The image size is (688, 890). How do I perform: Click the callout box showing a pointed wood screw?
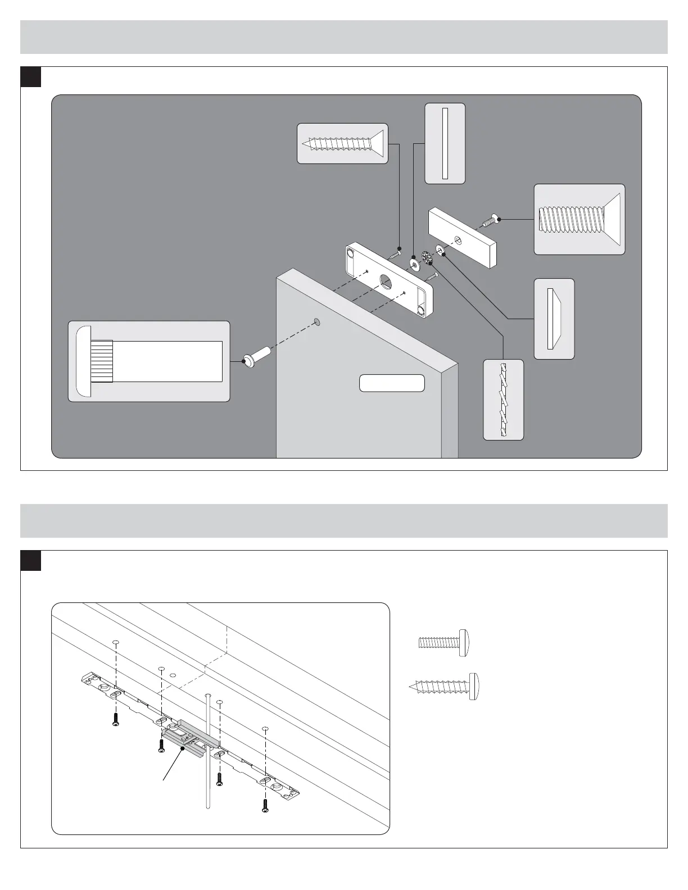coord(342,143)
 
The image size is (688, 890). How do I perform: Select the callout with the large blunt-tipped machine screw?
coord(579,219)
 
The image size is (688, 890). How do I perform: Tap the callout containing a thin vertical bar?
coord(445,143)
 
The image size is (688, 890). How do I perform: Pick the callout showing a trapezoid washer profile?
coord(554,319)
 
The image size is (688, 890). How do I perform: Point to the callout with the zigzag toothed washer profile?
coord(503,399)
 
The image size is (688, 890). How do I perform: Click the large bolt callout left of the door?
coord(149,361)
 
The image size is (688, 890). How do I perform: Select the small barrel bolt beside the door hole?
coord(257,358)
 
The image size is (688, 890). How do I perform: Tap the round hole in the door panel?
coord(317,321)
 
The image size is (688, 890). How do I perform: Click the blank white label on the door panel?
coord(392,383)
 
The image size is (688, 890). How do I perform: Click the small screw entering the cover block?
coord(490,221)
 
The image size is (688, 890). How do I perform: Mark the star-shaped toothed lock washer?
coord(426,259)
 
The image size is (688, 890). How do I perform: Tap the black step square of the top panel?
coord(31,77)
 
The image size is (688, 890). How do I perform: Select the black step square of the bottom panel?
coord(31,561)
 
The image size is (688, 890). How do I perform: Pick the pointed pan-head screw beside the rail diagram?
coord(443,685)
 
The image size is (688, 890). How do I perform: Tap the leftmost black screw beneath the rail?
coord(115,719)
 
